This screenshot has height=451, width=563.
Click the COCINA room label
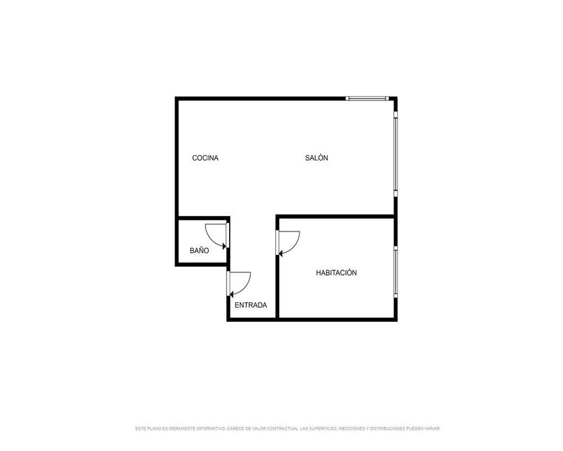coord(205,158)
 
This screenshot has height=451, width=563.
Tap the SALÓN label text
coord(316,157)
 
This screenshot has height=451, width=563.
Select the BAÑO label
coord(199,250)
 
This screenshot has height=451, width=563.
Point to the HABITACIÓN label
coord(336,273)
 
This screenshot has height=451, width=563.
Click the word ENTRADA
coord(251,305)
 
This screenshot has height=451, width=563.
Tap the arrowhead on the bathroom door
coord(225,246)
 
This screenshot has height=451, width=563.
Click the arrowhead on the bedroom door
coord(281,254)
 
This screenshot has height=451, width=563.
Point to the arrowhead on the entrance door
coord(232,295)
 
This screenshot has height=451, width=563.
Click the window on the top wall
coord(367,98)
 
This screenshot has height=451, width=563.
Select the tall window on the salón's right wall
coord(396,154)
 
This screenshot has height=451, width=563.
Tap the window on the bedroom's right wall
coord(396,272)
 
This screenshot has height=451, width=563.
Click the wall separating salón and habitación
coord(337,216)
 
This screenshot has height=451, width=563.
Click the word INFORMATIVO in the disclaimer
coord(210,428)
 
